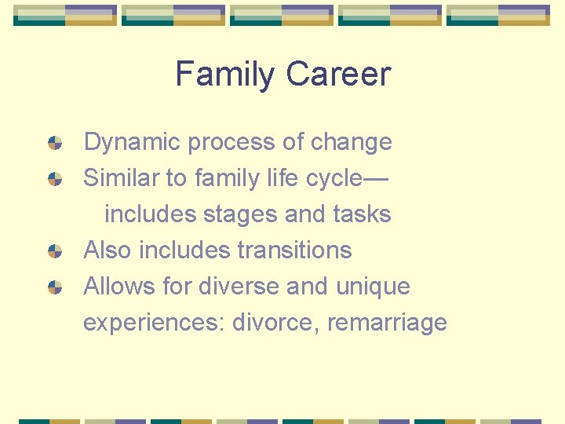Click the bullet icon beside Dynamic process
pyautogui.click(x=55, y=143)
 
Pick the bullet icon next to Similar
pyautogui.click(x=55, y=179)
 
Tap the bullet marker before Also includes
pyautogui.click(x=55, y=251)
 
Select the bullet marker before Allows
pyautogui.click(x=55, y=287)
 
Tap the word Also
pyautogui.click(x=108, y=250)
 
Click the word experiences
pyautogui.click(x=154, y=323)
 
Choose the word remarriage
pyautogui.click(x=387, y=323)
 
